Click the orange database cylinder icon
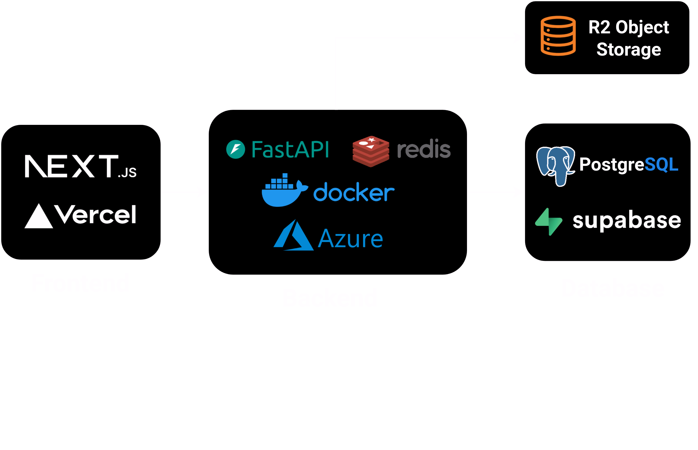(x=558, y=36)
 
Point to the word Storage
(x=629, y=49)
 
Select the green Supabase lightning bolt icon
(x=549, y=222)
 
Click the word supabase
(x=627, y=220)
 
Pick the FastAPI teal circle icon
(x=235, y=149)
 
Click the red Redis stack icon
(x=370, y=151)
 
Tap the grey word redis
(x=423, y=149)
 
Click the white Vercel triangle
(x=39, y=217)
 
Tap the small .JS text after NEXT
(x=127, y=173)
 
